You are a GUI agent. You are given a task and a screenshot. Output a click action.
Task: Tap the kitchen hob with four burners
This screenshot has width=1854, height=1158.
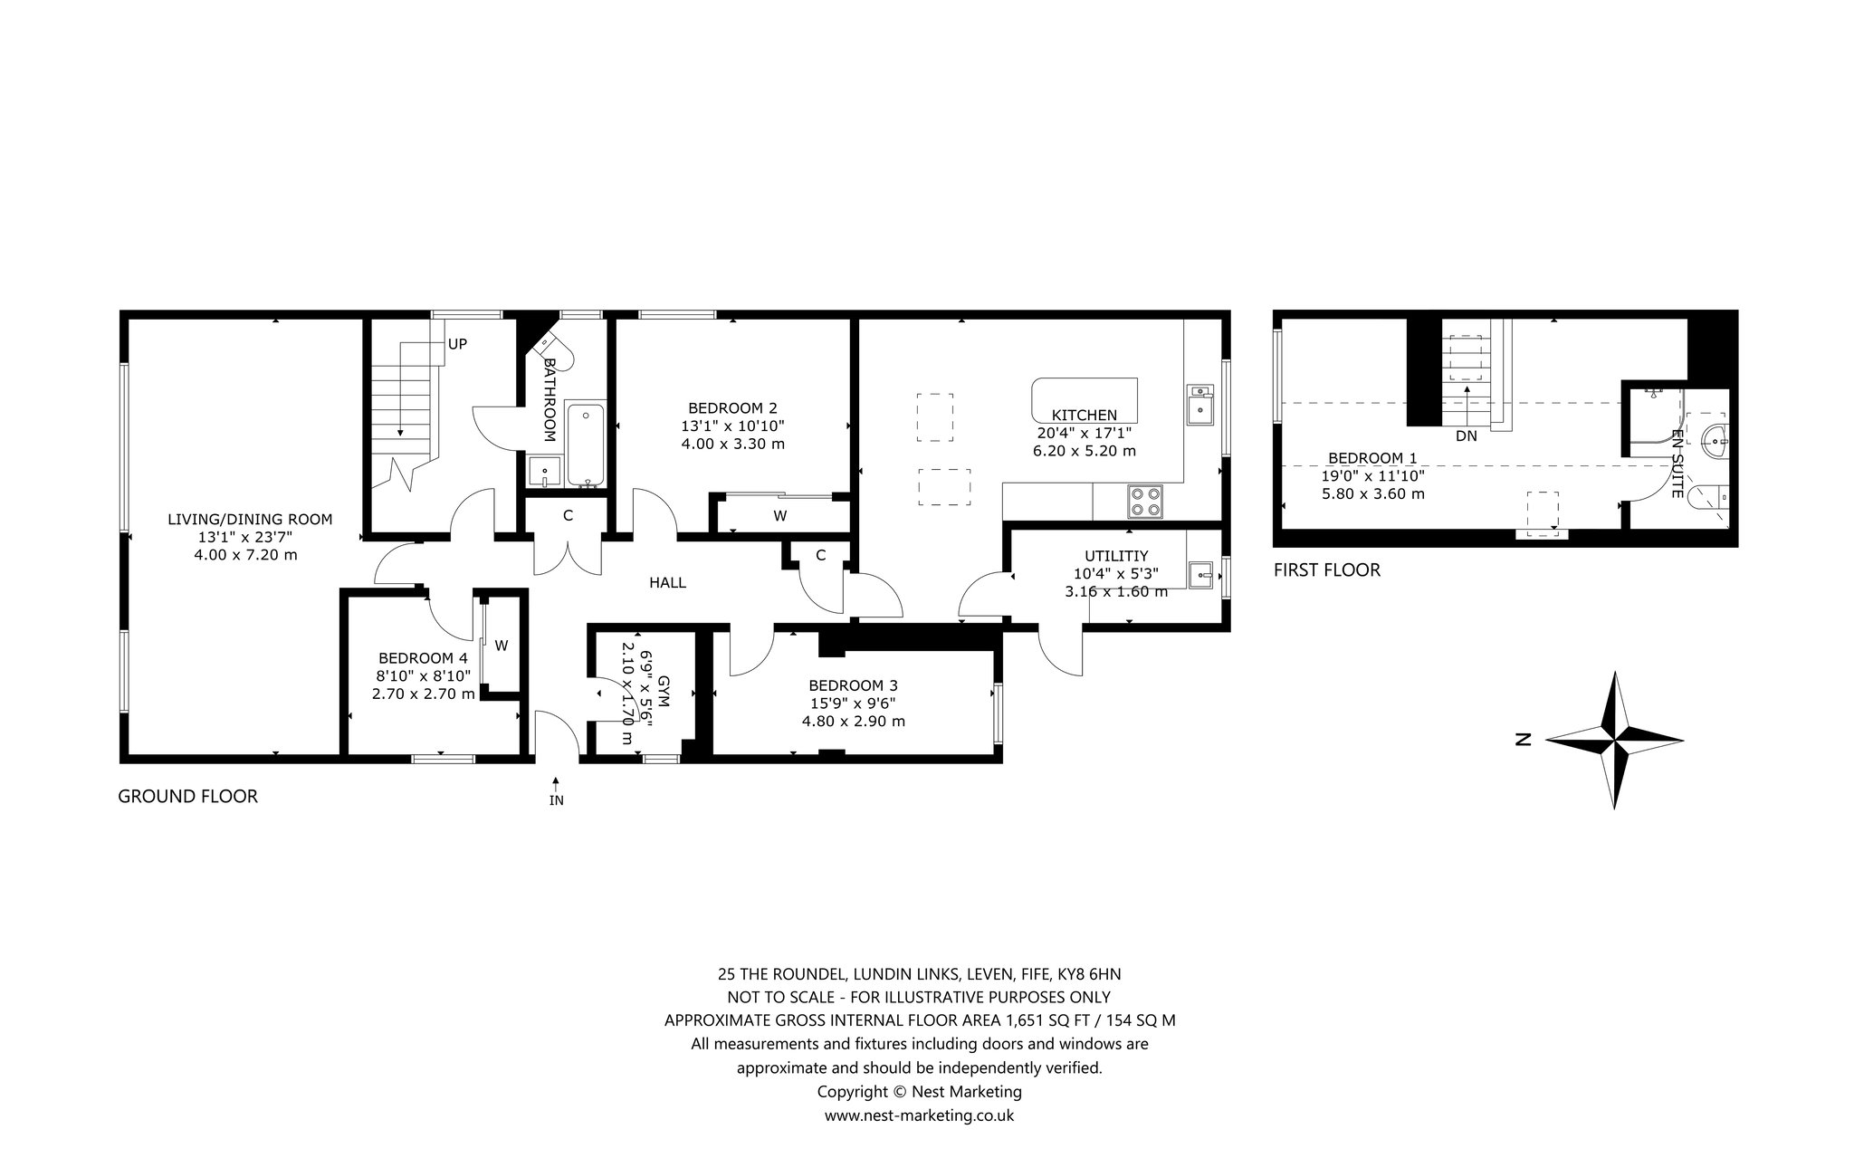coord(1144,502)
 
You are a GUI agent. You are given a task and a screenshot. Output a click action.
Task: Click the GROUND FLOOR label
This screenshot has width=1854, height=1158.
coord(188,797)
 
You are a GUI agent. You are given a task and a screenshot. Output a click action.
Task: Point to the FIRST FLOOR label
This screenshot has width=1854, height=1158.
coord(1327,570)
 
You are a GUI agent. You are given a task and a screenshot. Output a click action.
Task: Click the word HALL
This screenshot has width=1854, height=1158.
coord(667,583)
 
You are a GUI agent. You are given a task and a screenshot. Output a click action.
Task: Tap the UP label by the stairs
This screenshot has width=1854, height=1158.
coord(457,345)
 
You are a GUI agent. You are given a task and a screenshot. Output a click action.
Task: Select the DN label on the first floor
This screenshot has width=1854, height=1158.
coord(1467,436)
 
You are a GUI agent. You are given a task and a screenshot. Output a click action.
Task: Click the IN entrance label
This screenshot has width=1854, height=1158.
coord(556,800)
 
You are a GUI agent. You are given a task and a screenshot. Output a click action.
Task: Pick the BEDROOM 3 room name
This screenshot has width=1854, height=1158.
coord(854,685)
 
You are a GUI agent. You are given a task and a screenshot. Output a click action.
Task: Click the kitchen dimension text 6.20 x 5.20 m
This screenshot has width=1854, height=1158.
coord(1084,451)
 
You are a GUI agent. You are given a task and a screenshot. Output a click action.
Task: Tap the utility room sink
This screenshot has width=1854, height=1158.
coord(1201,574)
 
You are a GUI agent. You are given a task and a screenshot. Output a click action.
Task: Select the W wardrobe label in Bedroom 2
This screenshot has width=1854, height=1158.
coord(779,516)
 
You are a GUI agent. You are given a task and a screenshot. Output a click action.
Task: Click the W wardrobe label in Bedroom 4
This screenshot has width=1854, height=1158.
coord(501,646)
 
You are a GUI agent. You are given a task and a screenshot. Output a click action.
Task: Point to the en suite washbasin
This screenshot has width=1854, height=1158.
coord(1715,444)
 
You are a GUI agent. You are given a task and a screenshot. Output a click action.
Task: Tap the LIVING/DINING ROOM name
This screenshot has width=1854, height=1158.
coord(250,520)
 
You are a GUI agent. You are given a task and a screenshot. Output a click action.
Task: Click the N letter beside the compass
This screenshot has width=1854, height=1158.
coord(1523,740)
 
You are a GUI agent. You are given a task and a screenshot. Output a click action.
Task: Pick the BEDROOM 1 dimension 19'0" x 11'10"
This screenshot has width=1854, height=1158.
coord(1372,476)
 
